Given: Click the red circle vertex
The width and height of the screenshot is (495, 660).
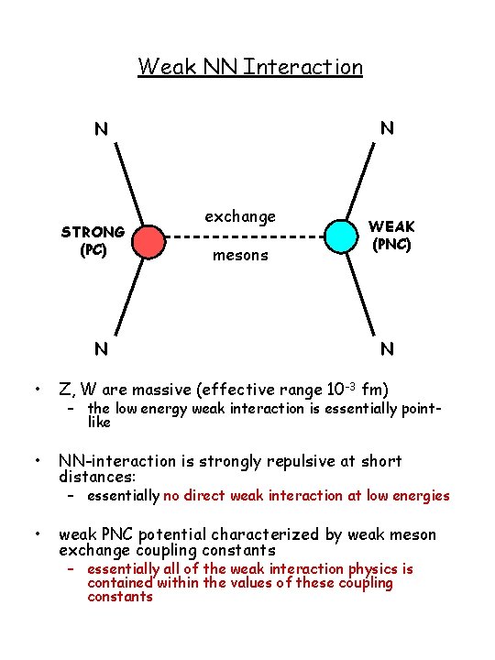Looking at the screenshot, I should pos(148,241).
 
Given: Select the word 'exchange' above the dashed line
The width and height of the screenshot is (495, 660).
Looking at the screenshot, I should pos(239,217).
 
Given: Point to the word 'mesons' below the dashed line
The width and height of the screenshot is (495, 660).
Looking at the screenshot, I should pos(240,257).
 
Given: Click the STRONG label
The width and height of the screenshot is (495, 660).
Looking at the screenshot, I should pos(93,232).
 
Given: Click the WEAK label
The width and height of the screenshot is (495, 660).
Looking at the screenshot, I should pos(391,225).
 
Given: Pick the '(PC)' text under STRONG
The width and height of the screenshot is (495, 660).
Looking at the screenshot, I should pos(93,248).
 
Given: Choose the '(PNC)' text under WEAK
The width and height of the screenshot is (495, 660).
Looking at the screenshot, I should pos(391,244).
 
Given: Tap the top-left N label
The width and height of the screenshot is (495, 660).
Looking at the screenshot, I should pos(101,129).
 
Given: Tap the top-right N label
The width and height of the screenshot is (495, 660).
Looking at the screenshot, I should pos(387,128).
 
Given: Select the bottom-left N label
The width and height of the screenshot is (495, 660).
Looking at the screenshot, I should pos(101,348).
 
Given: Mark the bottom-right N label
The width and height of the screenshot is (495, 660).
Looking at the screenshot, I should pos(387,348).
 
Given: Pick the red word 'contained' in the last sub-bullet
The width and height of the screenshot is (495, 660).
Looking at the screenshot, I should pos(119,583).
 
